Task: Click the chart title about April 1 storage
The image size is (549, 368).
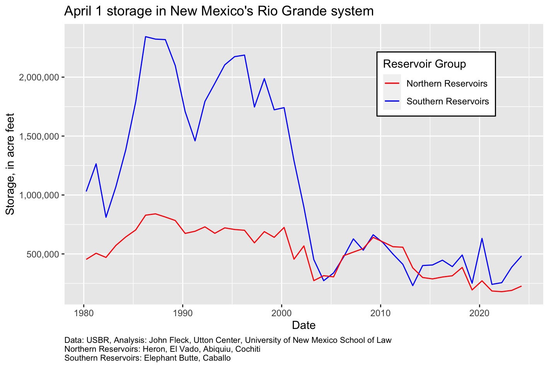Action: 219,11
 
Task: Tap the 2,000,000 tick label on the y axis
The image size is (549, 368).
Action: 39,77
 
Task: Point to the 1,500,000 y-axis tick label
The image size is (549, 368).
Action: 39,136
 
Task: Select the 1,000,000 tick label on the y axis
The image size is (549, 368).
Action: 39,195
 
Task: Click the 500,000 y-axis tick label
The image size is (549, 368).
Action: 43,254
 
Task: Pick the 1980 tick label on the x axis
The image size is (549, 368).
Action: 84,312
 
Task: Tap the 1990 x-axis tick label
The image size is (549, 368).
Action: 182,312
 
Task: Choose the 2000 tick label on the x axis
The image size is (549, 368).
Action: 281,312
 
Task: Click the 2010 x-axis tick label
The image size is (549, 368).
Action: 380,312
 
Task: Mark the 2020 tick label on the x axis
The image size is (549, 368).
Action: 479,312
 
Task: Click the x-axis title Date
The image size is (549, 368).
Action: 303,325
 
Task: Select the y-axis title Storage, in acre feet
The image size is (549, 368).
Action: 10,164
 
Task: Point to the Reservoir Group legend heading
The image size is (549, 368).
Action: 424,64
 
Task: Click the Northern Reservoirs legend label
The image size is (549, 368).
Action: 447,83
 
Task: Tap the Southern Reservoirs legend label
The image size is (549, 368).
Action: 448,101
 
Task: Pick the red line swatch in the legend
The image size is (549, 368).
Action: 392,83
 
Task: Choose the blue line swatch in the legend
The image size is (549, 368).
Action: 392,101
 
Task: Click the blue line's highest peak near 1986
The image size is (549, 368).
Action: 145,37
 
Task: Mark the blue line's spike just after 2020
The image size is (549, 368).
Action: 482,239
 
